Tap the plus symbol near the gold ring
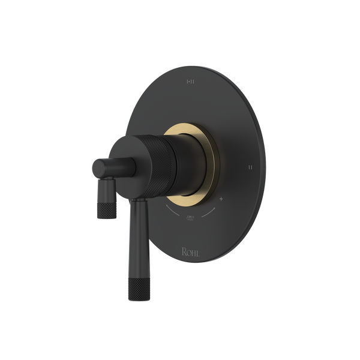pyautogui.click(x=221, y=199)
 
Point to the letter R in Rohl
pyautogui.click(x=182, y=251)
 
